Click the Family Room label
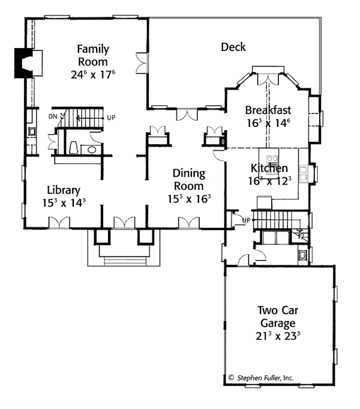click(92, 55)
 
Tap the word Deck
click(233, 47)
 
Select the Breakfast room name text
click(268, 110)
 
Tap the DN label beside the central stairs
click(52, 114)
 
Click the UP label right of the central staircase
click(111, 117)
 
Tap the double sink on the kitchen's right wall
click(304, 173)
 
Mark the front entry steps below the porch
click(125, 261)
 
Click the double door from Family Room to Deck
click(142, 62)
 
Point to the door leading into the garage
click(243, 259)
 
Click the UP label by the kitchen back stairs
click(245, 220)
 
